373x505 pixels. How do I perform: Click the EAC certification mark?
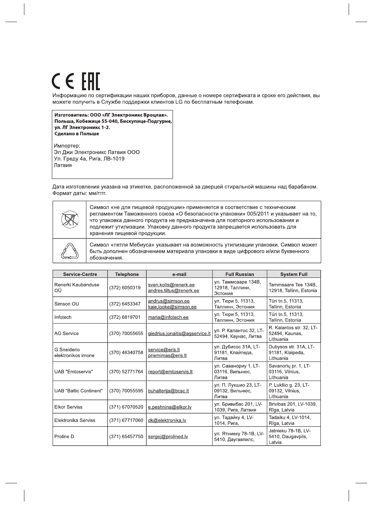tap(91, 82)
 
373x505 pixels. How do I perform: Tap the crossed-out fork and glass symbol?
tap(70, 220)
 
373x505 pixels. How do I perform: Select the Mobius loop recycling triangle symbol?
tap(70, 251)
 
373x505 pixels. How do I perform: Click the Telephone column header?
tap(127, 274)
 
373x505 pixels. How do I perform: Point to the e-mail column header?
tap(179, 274)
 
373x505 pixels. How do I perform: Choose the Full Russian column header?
tap(240, 274)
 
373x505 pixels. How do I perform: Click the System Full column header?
tap(294, 274)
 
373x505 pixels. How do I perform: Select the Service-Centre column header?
tap(80, 274)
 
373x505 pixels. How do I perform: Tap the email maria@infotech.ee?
tap(168, 317)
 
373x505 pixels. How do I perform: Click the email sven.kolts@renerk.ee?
tap(171, 285)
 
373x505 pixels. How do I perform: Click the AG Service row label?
tap(67, 333)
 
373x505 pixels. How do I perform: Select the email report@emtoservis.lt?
tap(170, 372)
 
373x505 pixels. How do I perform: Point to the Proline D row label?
tap(64, 436)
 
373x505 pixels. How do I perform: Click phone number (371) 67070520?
tap(126, 407)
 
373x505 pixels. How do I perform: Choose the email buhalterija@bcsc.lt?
tap(168, 391)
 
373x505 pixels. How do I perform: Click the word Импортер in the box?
tap(67, 146)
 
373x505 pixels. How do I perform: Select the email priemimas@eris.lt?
tap(167, 356)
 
